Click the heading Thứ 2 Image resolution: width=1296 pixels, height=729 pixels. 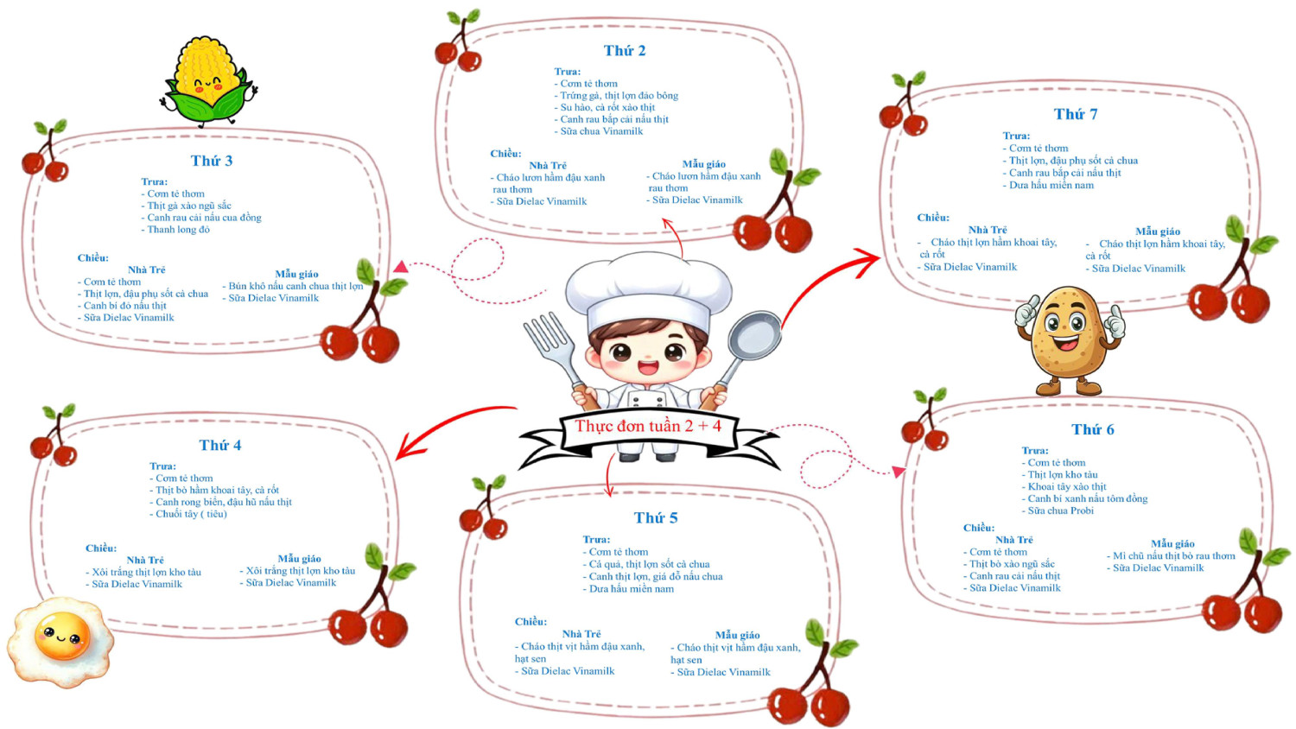(x=624, y=51)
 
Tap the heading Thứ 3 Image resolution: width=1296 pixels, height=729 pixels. (x=211, y=161)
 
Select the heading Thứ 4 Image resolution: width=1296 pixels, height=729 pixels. (x=219, y=446)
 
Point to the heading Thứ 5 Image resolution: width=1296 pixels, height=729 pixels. (x=655, y=518)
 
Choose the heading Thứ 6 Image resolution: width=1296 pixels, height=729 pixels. (x=1092, y=430)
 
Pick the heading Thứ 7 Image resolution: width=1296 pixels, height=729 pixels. (x=1075, y=115)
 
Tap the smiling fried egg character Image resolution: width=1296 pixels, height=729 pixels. (x=60, y=640)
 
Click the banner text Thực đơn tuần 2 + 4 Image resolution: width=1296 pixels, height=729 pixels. (x=647, y=426)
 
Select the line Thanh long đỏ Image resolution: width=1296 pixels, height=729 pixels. (x=178, y=230)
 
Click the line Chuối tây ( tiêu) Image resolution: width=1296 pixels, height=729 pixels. (x=191, y=514)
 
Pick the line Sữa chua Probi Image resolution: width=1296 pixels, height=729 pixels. (x=1060, y=510)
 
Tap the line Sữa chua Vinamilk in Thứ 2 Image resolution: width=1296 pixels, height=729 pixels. (x=601, y=131)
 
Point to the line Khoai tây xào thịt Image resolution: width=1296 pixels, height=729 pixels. (x=1066, y=486)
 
